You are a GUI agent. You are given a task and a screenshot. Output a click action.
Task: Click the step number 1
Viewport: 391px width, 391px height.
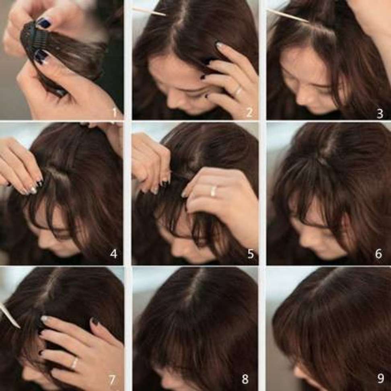click(x=115, y=113)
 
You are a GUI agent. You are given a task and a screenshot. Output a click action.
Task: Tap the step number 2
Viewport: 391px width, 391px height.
click(x=249, y=113)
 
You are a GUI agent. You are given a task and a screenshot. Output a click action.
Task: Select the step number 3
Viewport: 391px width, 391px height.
click(x=380, y=113)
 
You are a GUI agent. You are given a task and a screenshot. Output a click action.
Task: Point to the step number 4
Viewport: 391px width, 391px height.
click(x=113, y=254)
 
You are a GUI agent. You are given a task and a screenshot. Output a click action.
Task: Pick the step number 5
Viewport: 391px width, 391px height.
click(x=251, y=254)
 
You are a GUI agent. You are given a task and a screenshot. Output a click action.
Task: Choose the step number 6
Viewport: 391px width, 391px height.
click(x=379, y=254)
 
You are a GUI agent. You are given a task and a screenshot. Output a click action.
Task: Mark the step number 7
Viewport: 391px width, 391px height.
click(x=112, y=380)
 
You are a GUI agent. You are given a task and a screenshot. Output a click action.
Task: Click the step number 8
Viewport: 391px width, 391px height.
click(x=245, y=379)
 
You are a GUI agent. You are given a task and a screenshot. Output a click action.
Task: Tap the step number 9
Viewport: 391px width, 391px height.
click(x=380, y=378)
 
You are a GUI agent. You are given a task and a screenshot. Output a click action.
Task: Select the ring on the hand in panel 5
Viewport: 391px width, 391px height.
click(x=213, y=191)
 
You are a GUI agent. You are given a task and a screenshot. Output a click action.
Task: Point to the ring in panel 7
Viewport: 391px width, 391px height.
click(x=74, y=363)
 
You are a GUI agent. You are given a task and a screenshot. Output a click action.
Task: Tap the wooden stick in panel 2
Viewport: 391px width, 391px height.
click(x=148, y=12)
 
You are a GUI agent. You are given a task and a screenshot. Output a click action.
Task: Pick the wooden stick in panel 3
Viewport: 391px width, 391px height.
click(x=288, y=15)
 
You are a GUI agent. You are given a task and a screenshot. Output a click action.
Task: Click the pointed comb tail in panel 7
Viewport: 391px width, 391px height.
click(x=10, y=315)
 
